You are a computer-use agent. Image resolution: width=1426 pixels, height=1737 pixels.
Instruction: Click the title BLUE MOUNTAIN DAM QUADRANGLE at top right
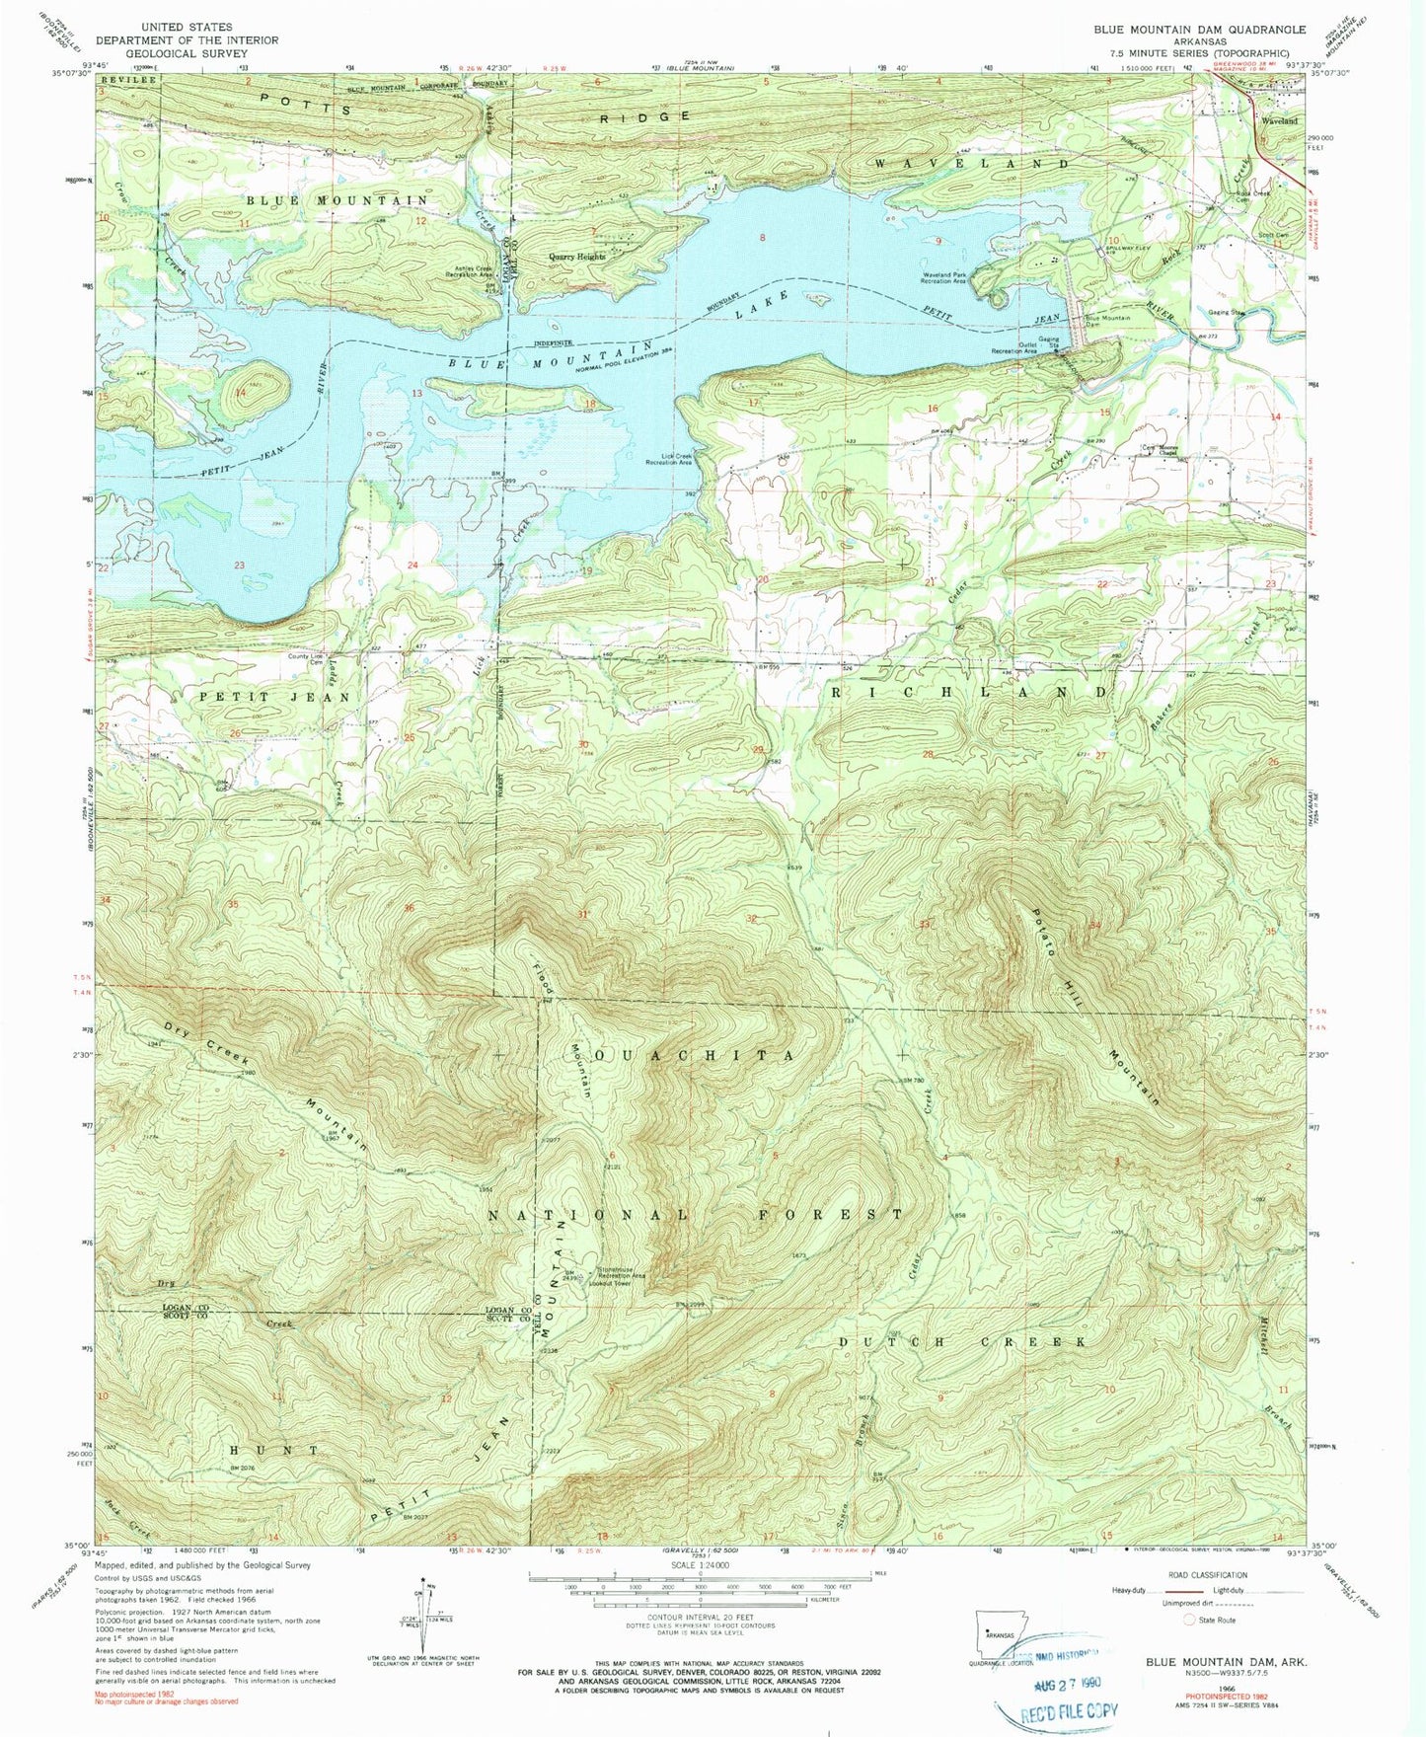coord(1199,30)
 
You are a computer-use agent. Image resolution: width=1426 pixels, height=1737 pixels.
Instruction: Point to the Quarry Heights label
coord(576,257)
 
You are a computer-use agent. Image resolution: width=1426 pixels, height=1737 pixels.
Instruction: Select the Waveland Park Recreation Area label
coord(942,277)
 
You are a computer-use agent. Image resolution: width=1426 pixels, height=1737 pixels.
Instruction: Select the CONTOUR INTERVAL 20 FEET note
coord(700,1625)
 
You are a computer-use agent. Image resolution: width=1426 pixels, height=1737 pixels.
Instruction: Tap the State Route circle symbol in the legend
coord(1190,1621)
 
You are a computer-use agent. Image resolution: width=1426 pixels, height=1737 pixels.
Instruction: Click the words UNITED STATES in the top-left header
coord(187,28)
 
